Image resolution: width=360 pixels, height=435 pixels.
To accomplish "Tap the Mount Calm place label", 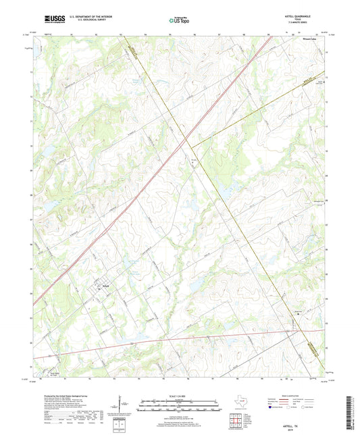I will click(305, 40).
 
